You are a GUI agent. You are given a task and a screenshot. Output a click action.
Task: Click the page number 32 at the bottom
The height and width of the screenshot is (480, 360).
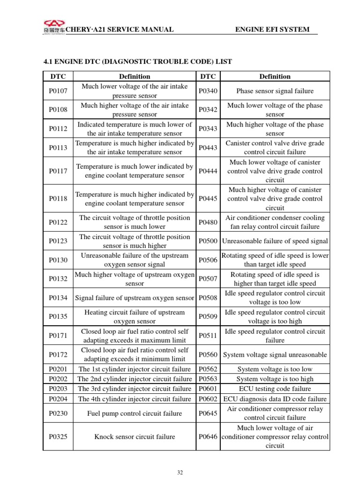click(x=180, y=472)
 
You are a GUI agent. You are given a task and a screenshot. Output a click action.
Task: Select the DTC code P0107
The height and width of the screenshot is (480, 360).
click(x=58, y=91)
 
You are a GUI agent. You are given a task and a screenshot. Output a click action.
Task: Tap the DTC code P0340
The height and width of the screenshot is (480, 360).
click(x=208, y=91)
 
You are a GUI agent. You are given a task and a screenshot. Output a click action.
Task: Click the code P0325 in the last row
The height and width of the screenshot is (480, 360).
click(x=58, y=436)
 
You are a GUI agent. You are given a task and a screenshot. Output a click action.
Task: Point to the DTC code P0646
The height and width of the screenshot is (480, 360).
click(x=208, y=436)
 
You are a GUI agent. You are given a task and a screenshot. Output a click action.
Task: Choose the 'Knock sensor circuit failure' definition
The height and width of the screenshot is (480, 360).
click(x=135, y=436)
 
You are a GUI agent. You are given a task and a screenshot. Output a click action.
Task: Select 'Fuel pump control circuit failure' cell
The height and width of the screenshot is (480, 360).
click(x=135, y=413)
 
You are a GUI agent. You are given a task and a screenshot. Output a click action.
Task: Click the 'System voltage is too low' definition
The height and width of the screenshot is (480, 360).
click(x=275, y=369)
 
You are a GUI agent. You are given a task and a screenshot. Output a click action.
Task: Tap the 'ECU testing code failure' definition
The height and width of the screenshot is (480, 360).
click(x=275, y=389)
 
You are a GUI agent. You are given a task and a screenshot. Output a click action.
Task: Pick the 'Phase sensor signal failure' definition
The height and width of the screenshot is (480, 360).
click(x=275, y=91)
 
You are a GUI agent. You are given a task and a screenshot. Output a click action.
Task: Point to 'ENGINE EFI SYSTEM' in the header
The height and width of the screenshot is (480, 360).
click(x=272, y=30)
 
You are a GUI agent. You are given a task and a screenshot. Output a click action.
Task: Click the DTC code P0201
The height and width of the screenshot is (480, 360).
click(x=58, y=369)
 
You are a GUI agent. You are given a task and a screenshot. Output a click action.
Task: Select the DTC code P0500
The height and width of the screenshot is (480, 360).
click(x=208, y=241)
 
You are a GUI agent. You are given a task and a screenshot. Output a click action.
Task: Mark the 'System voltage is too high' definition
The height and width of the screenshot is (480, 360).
click(x=275, y=379)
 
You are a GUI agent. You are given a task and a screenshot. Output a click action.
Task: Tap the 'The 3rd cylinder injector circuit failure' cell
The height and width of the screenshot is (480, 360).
click(x=135, y=389)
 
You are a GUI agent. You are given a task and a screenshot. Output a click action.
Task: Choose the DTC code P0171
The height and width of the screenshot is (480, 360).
click(x=58, y=336)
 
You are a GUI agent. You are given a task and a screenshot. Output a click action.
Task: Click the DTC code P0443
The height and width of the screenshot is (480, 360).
click(x=208, y=147)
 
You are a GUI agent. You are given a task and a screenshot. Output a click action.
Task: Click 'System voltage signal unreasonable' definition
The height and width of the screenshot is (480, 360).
click(x=275, y=355)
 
